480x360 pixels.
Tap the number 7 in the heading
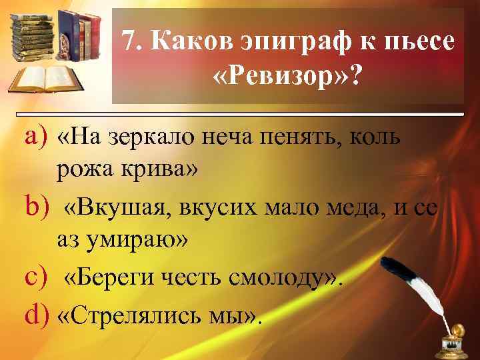click(x=130, y=43)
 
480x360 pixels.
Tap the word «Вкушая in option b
click(x=117, y=208)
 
